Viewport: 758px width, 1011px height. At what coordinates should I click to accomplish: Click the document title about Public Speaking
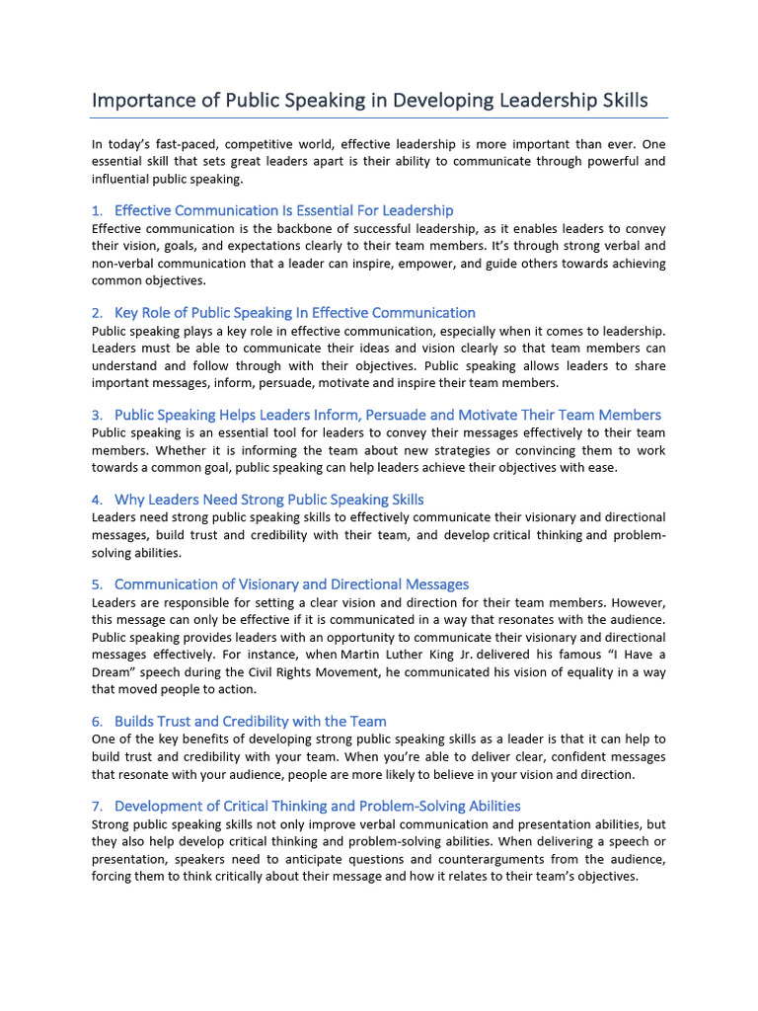tap(369, 101)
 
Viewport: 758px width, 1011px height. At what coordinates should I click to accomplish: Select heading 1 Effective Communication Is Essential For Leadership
tap(283, 210)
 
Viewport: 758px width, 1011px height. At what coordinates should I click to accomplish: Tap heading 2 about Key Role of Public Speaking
tap(294, 313)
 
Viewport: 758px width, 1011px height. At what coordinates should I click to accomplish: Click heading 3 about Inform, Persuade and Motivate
tap(387, 415)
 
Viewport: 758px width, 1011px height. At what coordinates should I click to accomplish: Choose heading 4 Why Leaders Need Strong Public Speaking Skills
tap(268, 500)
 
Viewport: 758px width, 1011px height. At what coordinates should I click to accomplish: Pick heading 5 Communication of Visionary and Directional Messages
tap(291, 584)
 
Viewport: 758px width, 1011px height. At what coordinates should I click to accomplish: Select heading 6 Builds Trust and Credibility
tap(250, 722)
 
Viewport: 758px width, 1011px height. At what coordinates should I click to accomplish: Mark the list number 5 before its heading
tap(97, 585)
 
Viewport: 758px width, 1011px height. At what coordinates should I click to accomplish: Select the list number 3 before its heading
tap(97, 416)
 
